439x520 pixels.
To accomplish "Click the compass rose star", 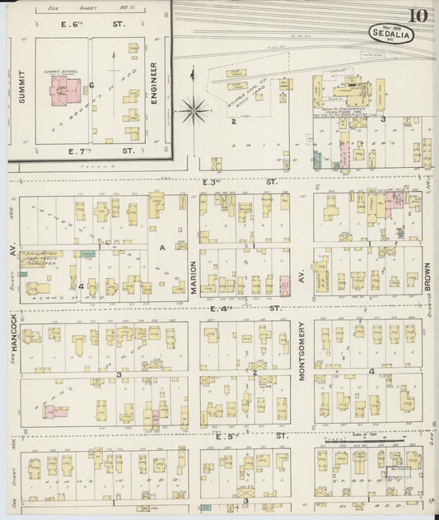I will click(194, 107).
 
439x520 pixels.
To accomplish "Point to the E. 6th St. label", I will click(92, 26).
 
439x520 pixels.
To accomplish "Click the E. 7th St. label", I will click(92, 151).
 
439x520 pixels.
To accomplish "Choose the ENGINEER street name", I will click(154, 81).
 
